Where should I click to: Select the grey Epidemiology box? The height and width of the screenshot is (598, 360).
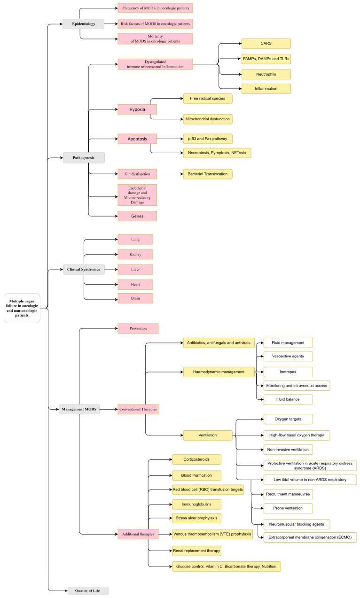pos(83,24)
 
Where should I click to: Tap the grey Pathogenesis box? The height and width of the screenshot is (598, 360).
pos(83,158)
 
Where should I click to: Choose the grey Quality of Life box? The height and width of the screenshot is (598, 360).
pos(88,590)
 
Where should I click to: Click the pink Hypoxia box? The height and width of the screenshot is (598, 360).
pos(137,109)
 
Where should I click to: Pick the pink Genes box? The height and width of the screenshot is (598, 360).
pos(137,216)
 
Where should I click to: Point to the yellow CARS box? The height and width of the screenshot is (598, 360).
pos(266,44)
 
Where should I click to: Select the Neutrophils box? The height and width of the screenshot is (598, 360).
pos(266,74)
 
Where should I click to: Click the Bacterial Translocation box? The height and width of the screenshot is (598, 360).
pos(208,174)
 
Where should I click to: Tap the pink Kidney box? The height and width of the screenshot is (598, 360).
pos(135,254)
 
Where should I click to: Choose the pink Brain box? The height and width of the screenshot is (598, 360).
pos(135,298)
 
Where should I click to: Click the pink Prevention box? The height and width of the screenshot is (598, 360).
pos(138,328)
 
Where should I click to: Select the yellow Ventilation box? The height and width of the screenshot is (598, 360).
pos(208,435)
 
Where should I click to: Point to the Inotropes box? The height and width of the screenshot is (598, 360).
pos(288,371)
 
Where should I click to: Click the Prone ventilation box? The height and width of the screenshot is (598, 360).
pos(288,508)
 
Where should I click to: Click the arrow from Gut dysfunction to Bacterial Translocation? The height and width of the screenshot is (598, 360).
pos(169,174)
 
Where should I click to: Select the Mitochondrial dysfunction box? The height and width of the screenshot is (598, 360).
pos(208,119)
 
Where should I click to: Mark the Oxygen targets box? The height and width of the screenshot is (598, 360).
pos(288,419)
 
